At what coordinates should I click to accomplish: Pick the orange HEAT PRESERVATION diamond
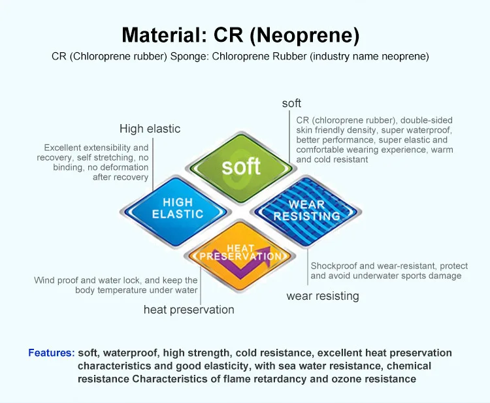(241, 253)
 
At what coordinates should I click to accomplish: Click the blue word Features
(51, 353)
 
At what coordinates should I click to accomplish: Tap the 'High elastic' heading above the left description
(150, 129)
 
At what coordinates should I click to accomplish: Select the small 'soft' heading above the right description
(291, 103)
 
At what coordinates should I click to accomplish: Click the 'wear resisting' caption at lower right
(323, 296)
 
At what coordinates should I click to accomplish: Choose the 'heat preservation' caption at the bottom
(189, 310)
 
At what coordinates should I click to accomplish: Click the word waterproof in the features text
(130, 353)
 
